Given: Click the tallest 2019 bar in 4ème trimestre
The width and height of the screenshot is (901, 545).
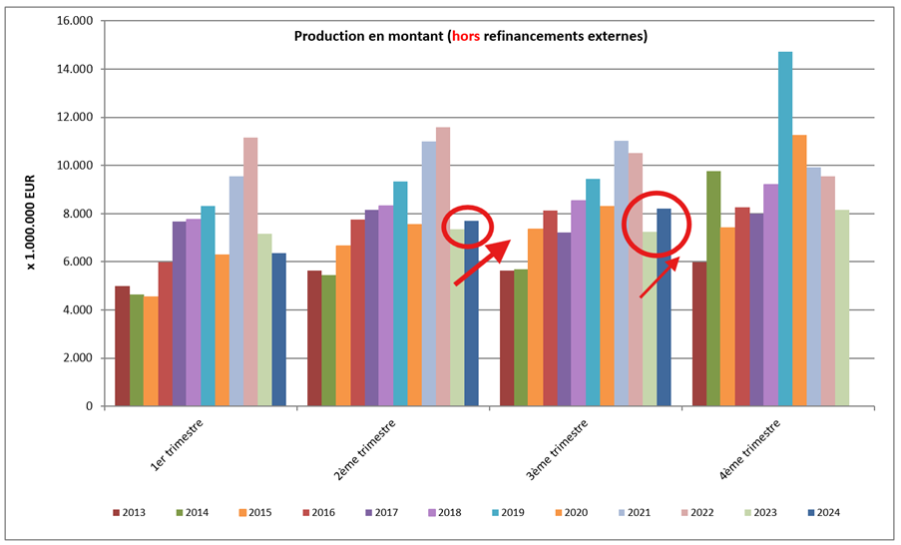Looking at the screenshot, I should (x=785, y=230).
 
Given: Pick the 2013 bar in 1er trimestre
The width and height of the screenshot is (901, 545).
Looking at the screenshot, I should (x=122, y=345).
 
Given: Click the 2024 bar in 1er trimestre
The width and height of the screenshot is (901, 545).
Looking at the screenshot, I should (x=279, y=329).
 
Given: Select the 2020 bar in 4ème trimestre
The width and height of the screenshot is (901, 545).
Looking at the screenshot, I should (x=799, y=271).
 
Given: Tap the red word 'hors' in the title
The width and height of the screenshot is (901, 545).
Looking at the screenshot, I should (x=465, y=37).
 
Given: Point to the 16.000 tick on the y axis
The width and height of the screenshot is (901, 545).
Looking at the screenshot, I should (x=74, y=21).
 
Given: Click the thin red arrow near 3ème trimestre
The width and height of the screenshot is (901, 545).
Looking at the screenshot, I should (x=660, y=277).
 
